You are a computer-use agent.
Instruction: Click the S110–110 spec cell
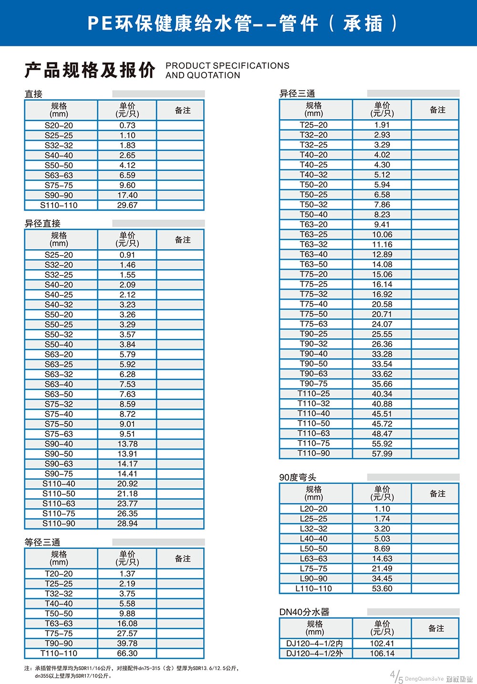pos(59,205)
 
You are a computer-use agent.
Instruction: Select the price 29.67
pos(127,205)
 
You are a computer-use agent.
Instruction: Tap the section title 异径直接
pos(42,223)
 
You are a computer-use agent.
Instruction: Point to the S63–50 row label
pos(59,394)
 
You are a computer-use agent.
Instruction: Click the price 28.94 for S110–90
pos(127,524)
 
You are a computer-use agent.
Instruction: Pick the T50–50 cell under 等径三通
pos(59,613)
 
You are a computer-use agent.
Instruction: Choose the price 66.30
pos(127,653)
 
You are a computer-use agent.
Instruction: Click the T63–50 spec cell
pos(313,264)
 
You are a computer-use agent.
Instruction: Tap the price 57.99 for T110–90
pos(382,453)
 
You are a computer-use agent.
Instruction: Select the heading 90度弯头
pos(298,477)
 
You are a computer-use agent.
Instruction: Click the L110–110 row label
pos(313,589)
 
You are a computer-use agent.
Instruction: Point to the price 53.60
pos(382,589)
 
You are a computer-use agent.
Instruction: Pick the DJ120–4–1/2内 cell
pos(314,643)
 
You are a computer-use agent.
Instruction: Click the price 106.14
pos(382,653)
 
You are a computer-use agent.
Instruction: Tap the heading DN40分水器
pos(304,612)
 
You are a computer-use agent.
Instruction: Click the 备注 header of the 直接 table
pos(183,110)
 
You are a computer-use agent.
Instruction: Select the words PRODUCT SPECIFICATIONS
pos(227,66)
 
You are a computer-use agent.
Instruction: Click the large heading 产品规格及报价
pos(90,70)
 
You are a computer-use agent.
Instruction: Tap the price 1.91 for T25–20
pos(382,125)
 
